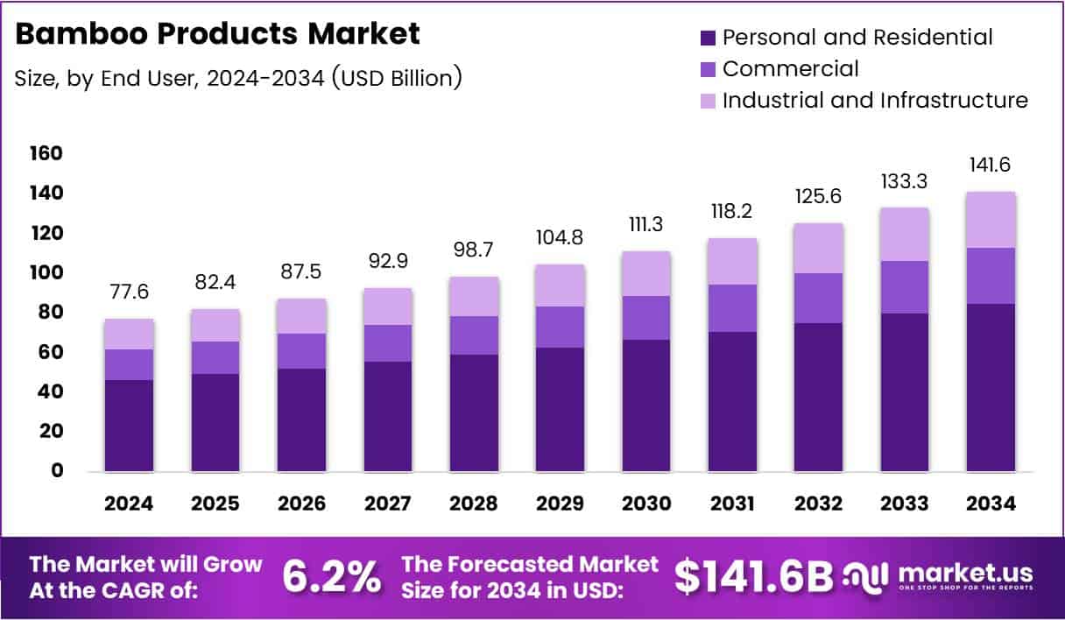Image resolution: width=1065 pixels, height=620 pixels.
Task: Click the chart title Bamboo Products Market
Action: click(x=218, y=34)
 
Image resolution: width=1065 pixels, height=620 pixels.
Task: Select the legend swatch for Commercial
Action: click(x=709, y=69)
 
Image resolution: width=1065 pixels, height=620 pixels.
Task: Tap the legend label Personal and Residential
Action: click(x=857, y=38)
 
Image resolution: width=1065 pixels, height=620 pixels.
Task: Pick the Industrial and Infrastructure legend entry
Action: click(x=874, y=100)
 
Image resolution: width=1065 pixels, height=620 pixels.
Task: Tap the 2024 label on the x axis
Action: click(x=129, y=504)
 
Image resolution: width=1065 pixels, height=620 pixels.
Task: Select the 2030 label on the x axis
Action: click(x=646, y=504)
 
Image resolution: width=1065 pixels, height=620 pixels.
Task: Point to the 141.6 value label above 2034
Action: click(x=991, y=166)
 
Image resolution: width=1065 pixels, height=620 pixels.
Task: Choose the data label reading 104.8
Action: click(x=560, y=238)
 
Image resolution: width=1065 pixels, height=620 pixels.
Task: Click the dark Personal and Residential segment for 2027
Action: click(x=388, y=417)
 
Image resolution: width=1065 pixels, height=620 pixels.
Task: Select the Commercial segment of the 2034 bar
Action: click(x=991, y=276)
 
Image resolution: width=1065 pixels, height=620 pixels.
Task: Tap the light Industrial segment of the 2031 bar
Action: click(x=732, y=261)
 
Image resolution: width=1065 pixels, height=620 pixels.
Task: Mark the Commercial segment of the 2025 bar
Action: click(x=215, y=357)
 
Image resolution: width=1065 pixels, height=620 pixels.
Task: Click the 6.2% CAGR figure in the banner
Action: click(x=332, y=577)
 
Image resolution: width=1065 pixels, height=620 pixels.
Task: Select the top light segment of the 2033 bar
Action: click(x=905, y=234)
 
